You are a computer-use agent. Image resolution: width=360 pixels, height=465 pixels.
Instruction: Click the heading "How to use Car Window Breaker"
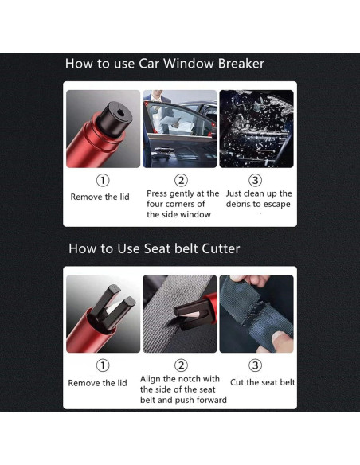pyautogui.click(x=165, y=64)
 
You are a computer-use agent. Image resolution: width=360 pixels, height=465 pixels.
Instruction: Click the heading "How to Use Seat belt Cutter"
pyautogui.click(x=155, y=248)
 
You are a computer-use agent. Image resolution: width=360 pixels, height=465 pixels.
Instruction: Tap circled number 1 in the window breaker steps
pyautogui.click(x=103, y=180)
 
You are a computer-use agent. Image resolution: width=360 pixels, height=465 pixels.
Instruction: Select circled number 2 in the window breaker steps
pyautogui.click(x=181, y=180)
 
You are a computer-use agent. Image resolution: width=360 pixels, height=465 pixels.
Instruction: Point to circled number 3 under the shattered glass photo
pyautogui.click(x=255, y=180)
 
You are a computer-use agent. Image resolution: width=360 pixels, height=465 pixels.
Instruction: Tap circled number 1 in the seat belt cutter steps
pyautogui.click(x=103, y=365)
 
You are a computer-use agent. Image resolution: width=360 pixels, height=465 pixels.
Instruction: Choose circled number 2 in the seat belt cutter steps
pyautogui.click(x=181, y=365)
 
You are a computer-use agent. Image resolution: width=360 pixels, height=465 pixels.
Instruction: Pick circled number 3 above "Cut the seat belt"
pyautogui.click(x=255, y=365)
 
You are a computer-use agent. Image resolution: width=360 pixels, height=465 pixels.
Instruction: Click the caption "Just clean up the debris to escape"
pyautogui.click(x=259, y=199)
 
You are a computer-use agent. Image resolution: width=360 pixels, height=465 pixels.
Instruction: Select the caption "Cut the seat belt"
pyautogui.click(x=263, y=382)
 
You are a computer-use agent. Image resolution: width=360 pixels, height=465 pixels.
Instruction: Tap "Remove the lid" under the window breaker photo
pyautogui.click(x=100, y=197)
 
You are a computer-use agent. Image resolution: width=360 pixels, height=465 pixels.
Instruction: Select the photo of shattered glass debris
pyautogui.click(x=256, y=129)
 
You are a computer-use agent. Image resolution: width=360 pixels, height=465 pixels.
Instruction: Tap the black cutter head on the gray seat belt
pyautogui.click(x=190, y=314)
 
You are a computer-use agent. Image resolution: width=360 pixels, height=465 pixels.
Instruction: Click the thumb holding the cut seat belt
pyautogui.click(x=282, y=341)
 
